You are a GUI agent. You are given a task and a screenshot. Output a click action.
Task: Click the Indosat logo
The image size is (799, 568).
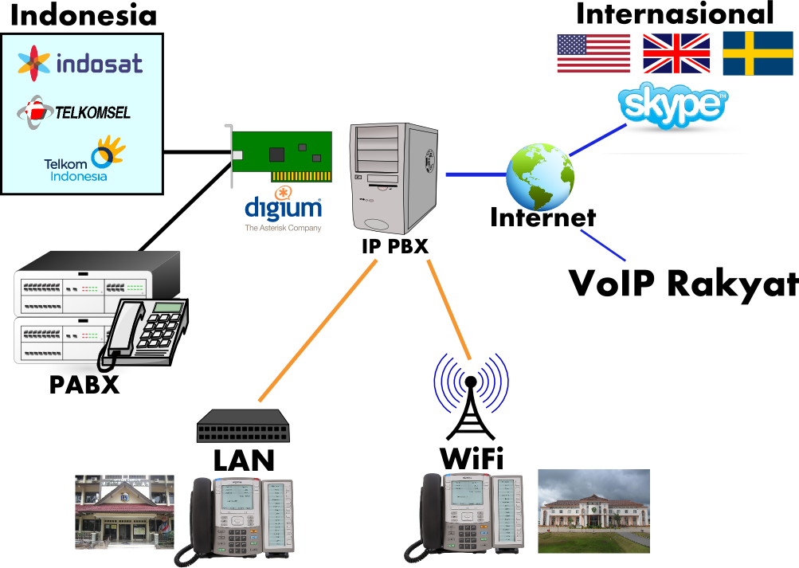tap(80, 63)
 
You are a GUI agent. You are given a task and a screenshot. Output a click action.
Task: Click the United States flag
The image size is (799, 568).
tap(593, 54)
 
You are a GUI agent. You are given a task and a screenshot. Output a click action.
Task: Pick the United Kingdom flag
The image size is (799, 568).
tap(676, 54)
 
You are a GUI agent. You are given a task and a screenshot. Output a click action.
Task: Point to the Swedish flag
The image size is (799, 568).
tap(758, 54)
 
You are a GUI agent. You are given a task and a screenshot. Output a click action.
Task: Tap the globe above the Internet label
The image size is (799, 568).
tap(540, 175)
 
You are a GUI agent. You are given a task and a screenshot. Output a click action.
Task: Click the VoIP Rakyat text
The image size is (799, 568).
tap(683, 284)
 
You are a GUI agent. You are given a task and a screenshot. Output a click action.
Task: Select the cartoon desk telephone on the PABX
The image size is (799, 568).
tap(147, 331)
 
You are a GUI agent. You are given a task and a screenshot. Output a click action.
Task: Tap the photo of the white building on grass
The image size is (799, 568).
tap(593, 511)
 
